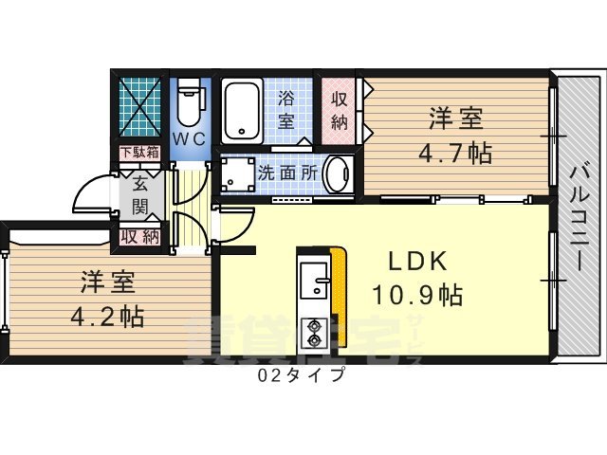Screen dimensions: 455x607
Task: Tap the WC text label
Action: pos(189,138)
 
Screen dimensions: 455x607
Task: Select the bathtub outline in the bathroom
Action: pos(245,110)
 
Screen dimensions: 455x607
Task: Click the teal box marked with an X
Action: pos(140,108)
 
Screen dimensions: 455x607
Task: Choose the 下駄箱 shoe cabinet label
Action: pos(140,153)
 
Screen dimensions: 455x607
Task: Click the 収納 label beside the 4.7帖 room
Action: pos(340,109)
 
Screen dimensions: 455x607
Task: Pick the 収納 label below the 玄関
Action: pos(139,237)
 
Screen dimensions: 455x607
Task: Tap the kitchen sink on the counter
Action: pos(313,282)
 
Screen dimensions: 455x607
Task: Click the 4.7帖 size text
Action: pos(456,151)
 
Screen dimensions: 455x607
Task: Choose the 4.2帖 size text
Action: pos(107,315)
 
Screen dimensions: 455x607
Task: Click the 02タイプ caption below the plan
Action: pos(301,374)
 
